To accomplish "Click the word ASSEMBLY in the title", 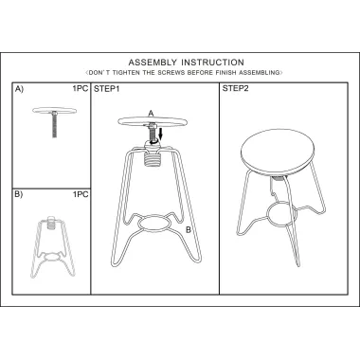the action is click(x=153, y=63).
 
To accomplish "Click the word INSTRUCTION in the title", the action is click(x=212, y=63).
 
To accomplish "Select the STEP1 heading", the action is click(x=106, y=89).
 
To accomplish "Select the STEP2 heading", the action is click(x=235, y=88).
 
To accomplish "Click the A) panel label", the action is click(x=19, y=89).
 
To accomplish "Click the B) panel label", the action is click(x=19, y=194).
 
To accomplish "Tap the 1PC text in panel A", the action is click(x=81, y=88).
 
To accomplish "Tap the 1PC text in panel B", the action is click(x=81, y=194).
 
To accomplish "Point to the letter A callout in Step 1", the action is click(x=151, y=114).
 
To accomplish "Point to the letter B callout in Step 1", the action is click(x=189, y=230).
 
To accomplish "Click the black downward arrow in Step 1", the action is click(x=160, y=134).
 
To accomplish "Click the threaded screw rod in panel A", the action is click(x=55, y=126).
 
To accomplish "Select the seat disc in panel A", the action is click(x=55, y=110).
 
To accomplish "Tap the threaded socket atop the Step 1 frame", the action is click(x=153, y=158).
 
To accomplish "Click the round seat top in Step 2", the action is click(x=278, y=153).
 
